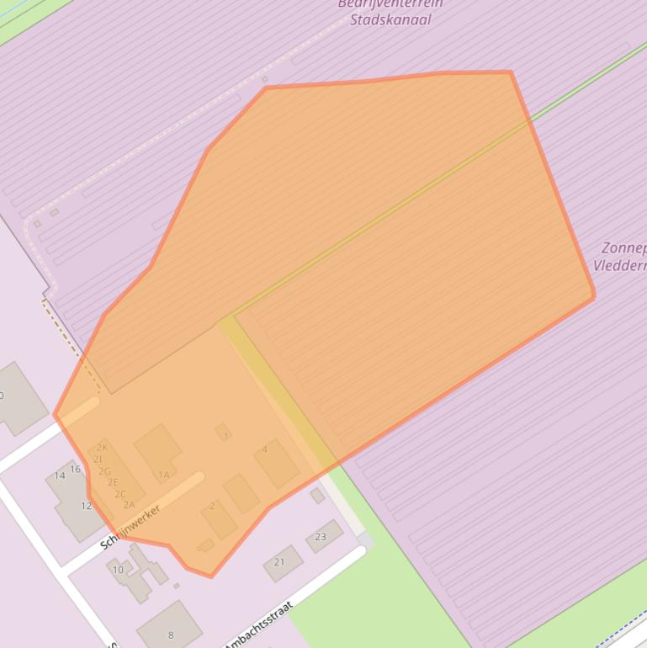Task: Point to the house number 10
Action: pos(118,570)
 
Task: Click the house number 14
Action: pos(60,475)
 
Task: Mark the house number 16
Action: pos(76,469)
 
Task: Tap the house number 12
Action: pos(86,506)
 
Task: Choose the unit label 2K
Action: pos(102,448)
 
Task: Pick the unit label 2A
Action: pos(129,505)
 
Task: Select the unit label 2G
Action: pos(104,471)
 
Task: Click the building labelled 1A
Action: pos(164,475)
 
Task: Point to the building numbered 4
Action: pos(265,449)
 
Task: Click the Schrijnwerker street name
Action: pos(130,528)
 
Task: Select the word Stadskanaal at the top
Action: pos(390,19)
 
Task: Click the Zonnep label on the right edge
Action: pos(623,248)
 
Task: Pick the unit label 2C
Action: pos(120,494)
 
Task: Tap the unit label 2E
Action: pos(113,482)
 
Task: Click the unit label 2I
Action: pos(98,459)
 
